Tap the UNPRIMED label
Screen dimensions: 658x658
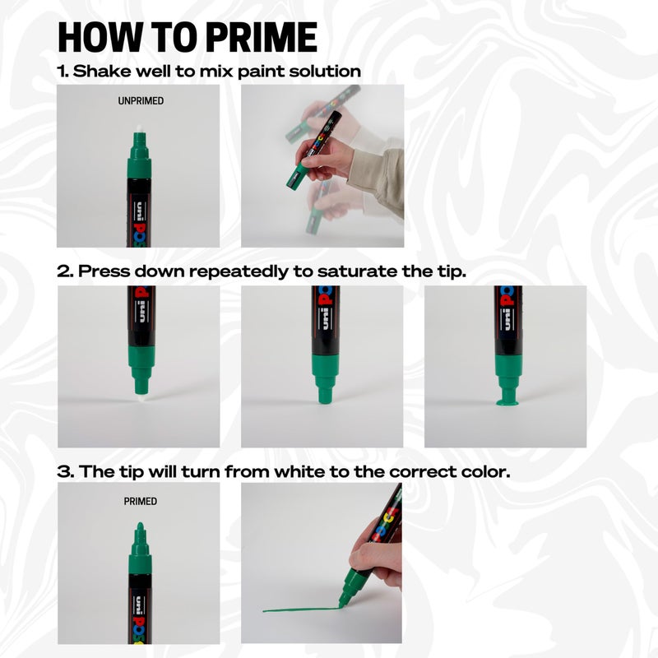(x=141, y=101)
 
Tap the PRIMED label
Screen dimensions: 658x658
(x=140, y=501)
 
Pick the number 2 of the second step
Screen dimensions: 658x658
(x=63, y=271)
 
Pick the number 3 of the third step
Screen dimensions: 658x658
(x=63, y=472)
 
